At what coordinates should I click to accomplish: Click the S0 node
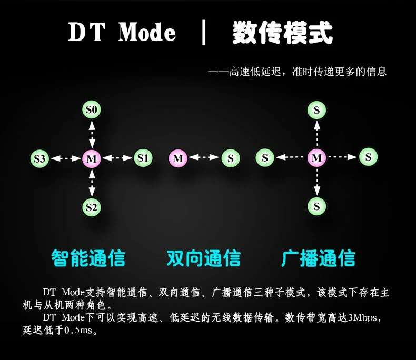(92, 110)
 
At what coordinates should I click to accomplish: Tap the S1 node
(143, 157)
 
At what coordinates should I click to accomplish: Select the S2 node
(92, 207)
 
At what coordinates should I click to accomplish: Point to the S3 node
(40, 158)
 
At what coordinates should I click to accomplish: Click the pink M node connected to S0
(92, 158)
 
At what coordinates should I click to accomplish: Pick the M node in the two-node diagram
(178, 158)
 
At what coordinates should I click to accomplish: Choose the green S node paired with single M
(230, 158)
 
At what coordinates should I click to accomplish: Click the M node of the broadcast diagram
(316, 157)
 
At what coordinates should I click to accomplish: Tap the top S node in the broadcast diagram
(316, 110)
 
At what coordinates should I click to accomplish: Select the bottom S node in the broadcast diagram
(316, 206)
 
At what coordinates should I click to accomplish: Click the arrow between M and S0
(92, 134)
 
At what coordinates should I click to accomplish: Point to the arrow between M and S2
(92, 182)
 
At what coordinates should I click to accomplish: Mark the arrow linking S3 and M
(66, 158)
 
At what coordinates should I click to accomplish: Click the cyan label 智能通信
(88, 258)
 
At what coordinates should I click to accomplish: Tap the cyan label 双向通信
(203, 258)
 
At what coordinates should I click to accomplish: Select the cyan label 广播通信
(318, 258)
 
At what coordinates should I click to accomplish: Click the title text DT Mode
(122, 33)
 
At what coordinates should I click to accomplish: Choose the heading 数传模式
(282, 33)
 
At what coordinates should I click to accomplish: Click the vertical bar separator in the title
(204, 33)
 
